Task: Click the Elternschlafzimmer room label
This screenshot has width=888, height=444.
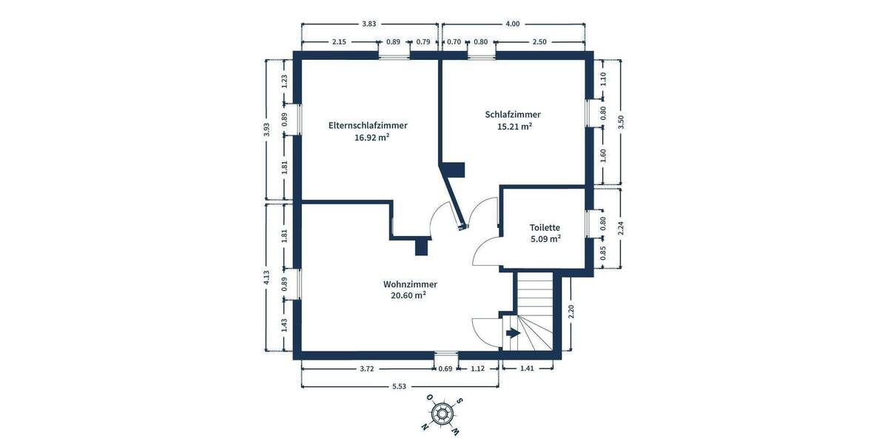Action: coord(368,126)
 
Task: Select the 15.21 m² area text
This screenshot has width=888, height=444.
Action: coord(515,127)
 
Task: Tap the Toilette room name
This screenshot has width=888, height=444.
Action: coord(545,228)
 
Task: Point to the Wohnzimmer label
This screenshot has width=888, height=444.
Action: coord(410,284)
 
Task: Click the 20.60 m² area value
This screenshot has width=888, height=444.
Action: coord(408,295)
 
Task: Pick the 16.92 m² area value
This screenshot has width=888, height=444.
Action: coord(372,137)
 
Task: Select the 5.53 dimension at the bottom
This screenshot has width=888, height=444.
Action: coord(399,386)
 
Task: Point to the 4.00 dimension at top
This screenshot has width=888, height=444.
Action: coord(512,24)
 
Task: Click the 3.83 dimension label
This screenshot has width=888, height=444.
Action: coord(369,24)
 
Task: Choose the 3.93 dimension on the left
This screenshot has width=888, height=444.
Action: coord(266,129)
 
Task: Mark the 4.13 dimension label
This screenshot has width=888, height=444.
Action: coord(266,279)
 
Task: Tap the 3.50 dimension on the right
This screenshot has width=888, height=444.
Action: coord(621,122)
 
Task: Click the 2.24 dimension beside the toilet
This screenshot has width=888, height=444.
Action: coord(621,229)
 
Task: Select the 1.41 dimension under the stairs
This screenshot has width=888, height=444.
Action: coord(527,368)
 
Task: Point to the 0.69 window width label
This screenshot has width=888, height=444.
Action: coord(445,368)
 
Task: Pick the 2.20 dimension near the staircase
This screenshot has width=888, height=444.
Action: coord(571,312)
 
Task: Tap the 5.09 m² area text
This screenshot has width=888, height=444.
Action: coord(545,239)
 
